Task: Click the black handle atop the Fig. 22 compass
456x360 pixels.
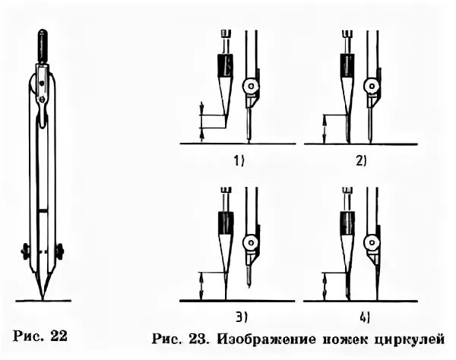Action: click(43, 45)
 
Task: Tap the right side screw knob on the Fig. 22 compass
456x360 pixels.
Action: click(59, 250)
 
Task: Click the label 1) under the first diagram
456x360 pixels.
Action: click(240, 159)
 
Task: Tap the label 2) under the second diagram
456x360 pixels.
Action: click(359, 159)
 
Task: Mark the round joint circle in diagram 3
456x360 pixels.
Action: click(250, 242)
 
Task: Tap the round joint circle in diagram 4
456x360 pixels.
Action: click(370, 242)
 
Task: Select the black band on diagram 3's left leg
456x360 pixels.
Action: click(226, 222)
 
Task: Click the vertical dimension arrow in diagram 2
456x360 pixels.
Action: click(325, 128)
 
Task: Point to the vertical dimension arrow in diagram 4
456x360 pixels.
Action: click(325, 286)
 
